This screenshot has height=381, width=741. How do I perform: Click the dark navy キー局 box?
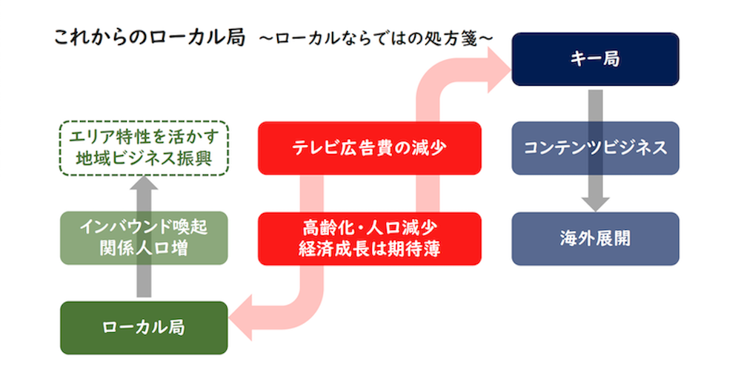[x=595, y=59]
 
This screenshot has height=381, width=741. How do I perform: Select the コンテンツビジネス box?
[x=595, y=148]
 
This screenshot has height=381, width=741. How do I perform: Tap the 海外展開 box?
[x=595, y=238]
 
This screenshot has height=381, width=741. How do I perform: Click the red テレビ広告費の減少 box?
[x=369, y=148]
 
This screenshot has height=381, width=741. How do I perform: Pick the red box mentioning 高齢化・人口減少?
[x=369, y=238]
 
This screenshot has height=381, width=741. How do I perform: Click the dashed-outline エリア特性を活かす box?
[x=144, y=148]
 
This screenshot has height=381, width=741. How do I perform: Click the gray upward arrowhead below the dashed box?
[x=144, y=184]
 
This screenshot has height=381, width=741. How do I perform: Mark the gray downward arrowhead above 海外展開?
[x=595, y=202]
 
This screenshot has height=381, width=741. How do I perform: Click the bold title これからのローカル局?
[x=149, y=37]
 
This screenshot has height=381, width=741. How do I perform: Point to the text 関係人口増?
[x=144, y=249]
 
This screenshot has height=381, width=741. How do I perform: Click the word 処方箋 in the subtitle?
[x=456, y=37]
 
